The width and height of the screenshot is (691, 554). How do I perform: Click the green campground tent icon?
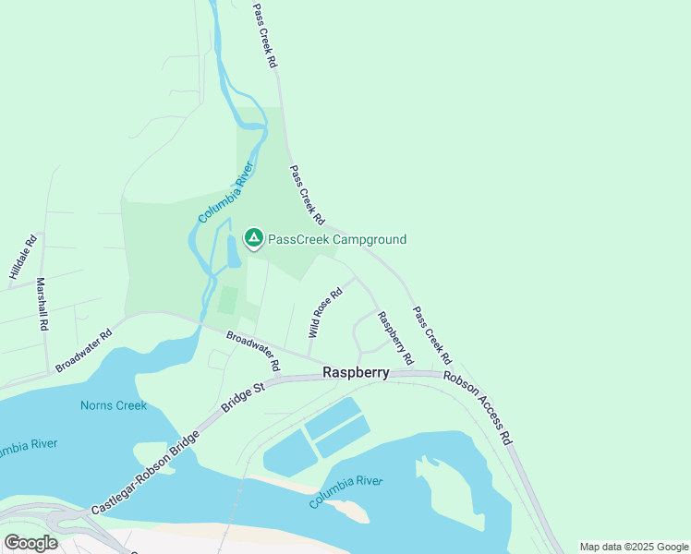253,238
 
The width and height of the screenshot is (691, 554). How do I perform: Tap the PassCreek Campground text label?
336,240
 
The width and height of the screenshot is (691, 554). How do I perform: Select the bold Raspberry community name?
356,373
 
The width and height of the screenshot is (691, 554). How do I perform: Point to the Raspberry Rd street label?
394,337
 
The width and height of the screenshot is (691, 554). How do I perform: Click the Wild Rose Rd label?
326,311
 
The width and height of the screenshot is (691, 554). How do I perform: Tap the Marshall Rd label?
42,305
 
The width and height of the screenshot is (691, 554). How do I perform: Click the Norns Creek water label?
114,405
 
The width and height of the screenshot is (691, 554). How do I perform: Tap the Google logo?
30,543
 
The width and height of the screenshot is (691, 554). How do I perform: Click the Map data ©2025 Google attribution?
634,547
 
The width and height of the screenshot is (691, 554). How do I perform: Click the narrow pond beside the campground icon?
232,249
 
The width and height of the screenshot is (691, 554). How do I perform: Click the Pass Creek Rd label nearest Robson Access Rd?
432,334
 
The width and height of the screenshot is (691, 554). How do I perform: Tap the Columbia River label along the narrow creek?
225,193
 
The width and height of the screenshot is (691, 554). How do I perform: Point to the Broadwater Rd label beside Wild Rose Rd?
253,352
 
